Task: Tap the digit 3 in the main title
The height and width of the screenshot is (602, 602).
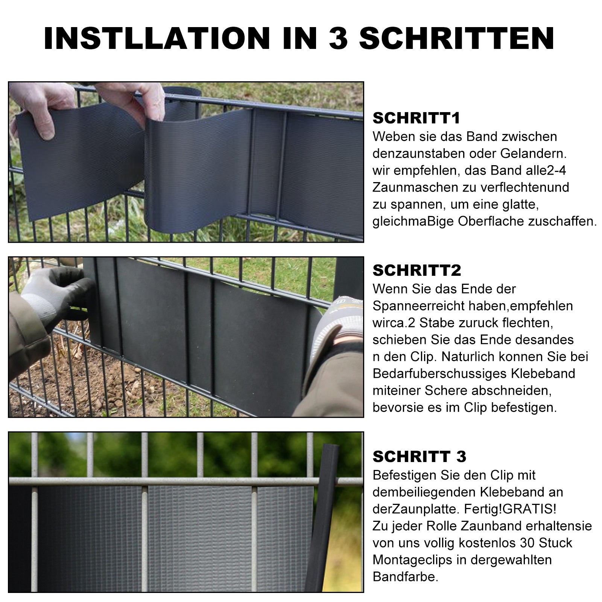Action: point(337,38)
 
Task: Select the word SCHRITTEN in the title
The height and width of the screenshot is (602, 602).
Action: point(456,38)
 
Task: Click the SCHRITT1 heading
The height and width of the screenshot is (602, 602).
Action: point(417,118)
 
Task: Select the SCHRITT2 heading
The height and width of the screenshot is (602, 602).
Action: point(417,271)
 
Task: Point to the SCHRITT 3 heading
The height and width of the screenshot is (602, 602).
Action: point(419,457)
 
